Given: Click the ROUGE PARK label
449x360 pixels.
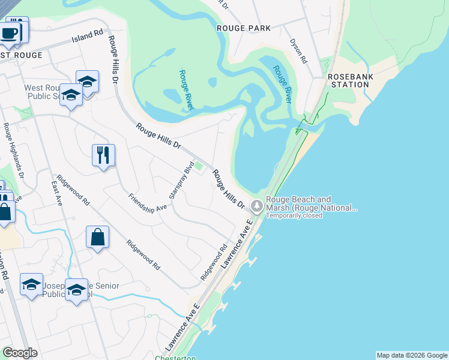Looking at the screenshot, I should coord(244,28).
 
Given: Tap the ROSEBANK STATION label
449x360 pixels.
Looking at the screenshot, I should coord(348,80).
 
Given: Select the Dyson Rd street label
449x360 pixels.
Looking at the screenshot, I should coord(298,52).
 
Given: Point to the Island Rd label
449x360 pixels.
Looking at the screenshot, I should coord(87,37).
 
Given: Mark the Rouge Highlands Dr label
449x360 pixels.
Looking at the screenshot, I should coord(13,151).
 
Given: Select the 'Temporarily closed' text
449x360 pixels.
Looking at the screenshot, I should coord(294,215).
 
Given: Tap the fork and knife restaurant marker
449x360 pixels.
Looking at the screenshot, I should coord(103,155).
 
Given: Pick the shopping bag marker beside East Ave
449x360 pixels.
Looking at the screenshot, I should coord(97,238).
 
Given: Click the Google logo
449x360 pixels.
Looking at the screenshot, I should coord(20,353).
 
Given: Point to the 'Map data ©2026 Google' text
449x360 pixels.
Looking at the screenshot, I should coord(411,355).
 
